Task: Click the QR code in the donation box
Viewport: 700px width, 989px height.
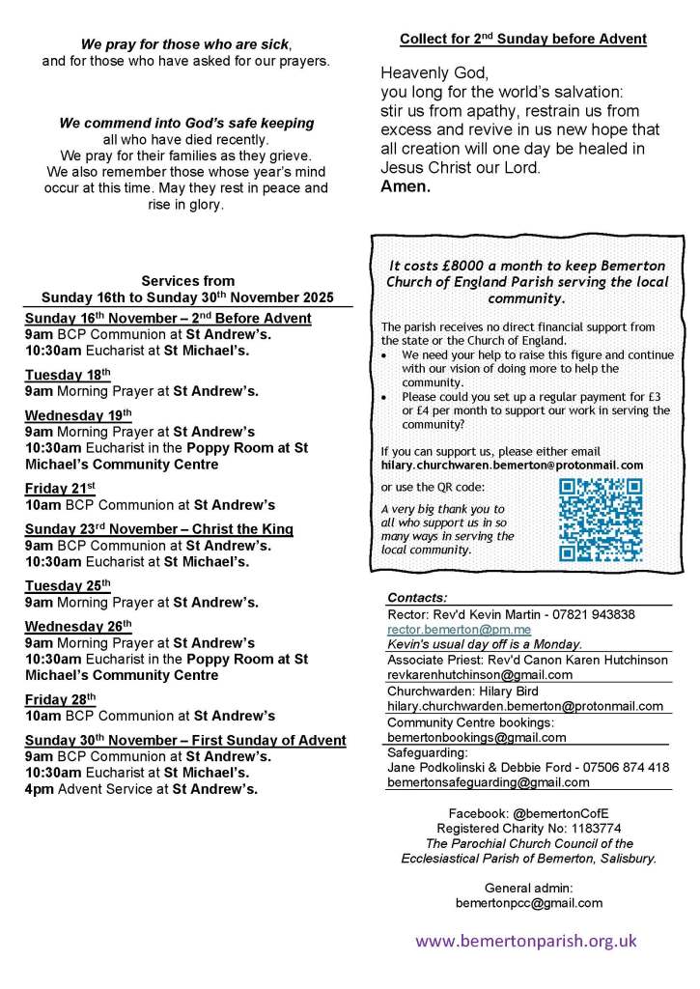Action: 601,520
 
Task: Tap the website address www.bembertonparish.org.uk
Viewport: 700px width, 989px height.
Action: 526,941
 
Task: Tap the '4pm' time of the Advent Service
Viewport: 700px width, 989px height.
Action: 40,789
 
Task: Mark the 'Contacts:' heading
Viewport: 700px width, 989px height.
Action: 417,598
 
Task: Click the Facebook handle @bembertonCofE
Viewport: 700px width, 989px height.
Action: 568,814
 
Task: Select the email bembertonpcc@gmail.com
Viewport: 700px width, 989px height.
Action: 528,903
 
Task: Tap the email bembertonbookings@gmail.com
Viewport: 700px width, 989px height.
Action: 476,737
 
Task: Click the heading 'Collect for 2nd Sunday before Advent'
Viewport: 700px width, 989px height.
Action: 522,40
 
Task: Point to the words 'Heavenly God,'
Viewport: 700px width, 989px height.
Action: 422,73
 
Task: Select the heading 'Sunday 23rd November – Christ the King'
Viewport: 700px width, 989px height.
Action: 158,529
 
